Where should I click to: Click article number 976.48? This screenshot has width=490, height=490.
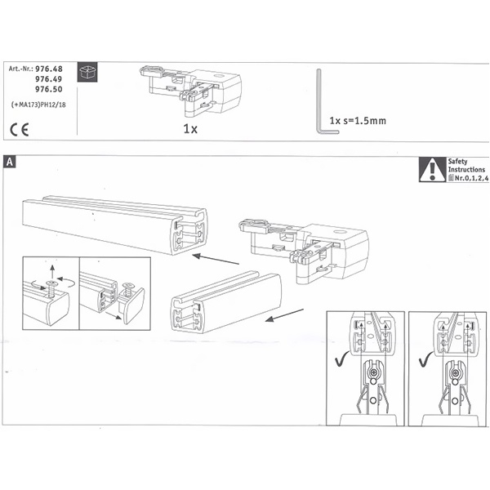(49, 69)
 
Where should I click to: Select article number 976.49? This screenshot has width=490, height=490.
(49, 79)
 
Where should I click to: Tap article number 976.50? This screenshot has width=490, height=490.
(49, 89)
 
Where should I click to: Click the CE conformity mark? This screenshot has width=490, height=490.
(20, 129)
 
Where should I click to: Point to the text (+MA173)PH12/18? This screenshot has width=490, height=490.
(38, 105)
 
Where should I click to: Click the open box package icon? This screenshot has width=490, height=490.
(87, 72)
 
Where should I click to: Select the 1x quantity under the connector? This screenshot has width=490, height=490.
(190, 129)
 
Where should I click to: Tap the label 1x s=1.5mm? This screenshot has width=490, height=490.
(358, 121)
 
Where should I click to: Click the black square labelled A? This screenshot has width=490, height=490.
(10, 163)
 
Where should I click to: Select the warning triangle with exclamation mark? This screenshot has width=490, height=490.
(433, 170)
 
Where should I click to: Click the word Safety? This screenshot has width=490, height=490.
(457, 162)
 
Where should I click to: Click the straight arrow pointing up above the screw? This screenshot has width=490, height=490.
(52, 272)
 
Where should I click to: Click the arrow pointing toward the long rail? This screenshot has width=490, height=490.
(216, 260)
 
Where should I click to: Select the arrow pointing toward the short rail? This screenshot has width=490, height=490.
(284, 315)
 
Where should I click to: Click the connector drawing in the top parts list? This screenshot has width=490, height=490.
(190, 89)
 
